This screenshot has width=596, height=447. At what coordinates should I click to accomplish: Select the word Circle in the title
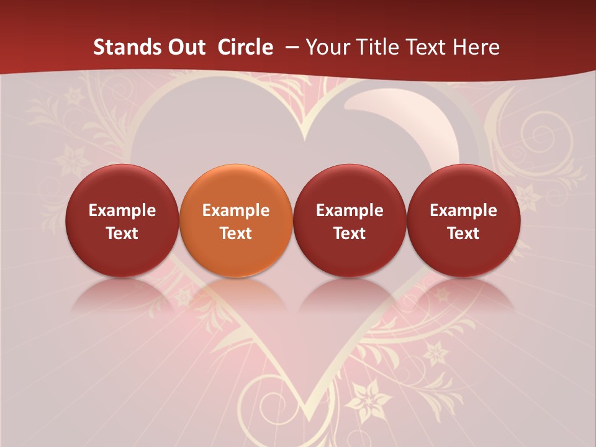[245, 47]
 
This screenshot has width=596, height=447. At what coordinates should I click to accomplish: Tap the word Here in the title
[476, 47]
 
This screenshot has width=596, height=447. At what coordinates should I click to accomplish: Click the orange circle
[236, 220]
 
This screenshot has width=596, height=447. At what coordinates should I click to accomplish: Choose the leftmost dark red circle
[122, 220]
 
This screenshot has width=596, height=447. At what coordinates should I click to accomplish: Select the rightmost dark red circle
[464, 220]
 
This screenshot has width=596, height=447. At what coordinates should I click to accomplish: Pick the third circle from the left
[350, 220]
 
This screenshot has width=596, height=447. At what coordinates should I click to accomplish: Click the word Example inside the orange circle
[236, 210]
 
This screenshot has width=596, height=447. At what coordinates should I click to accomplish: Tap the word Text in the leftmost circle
[122, 233]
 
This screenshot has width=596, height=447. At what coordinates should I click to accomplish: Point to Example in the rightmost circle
[464, 210]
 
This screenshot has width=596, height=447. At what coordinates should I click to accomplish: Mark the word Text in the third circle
[350, 233]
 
